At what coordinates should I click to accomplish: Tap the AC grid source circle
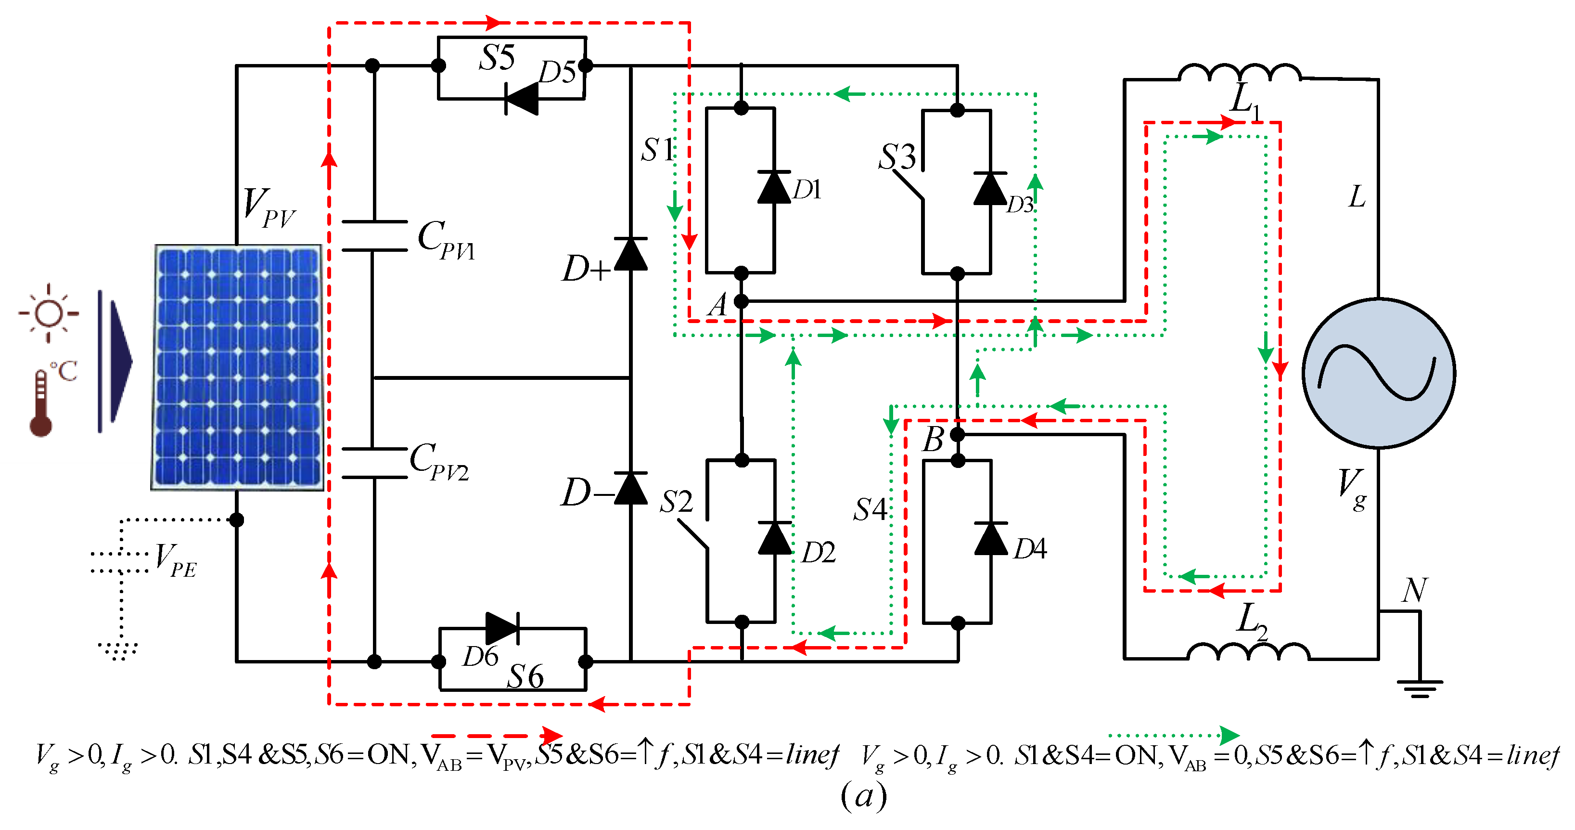tap(1378, 373)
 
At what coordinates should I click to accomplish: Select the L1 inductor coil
tap(1239, 72)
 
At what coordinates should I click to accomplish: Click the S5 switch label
tap(497, 58)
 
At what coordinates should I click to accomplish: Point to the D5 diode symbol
tap(522, 99)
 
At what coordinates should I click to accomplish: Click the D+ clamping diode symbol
tap(630, 254)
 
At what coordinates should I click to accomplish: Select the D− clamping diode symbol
tap(630, 488)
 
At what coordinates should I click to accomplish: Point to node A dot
tap(741, 301)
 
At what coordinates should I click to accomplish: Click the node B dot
tap(958, 434)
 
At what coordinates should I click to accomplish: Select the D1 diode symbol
tap(774, 187)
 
